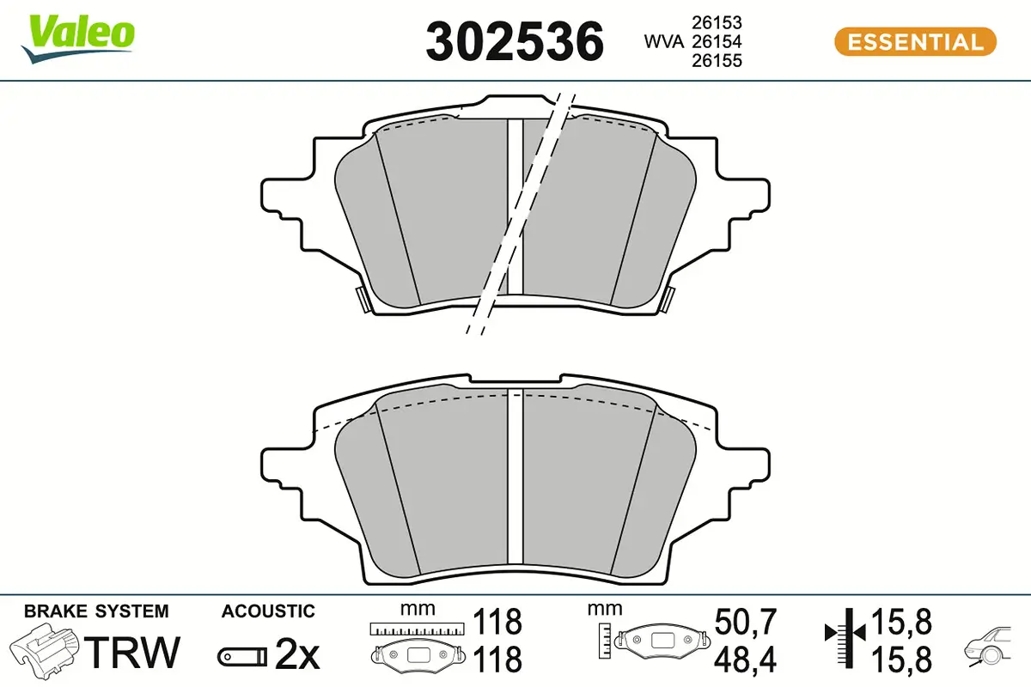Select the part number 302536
click(x=515, y=42)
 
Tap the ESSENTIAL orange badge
click(x=915, y=41)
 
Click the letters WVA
click(x=663, y=42)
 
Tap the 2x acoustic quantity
click(x=296, y=657)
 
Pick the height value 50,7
click(x=745, y=620)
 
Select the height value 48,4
click(x=745, y=660)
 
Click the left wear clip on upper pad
click(x=362, y=299)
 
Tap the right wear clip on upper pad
click(x=668, y=299)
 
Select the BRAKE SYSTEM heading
click(x=96, y=611)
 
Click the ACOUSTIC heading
click(x=268, y=611)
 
